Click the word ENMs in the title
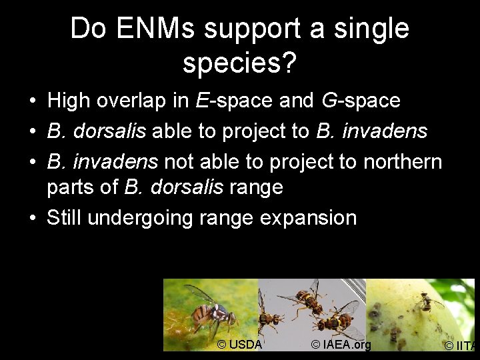[157, 29]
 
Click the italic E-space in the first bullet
[235, 101]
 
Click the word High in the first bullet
[70, 101]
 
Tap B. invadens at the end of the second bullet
[371, 131]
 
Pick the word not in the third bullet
[179, 161]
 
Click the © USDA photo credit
[239, 344]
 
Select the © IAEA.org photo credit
[340, 344]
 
